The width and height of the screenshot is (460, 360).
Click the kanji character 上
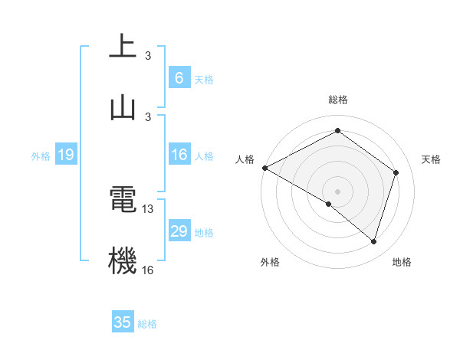[x=123, y=47]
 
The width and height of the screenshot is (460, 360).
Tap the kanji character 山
[x=123, y=107]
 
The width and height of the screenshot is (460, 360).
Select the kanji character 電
[x=123, y=201]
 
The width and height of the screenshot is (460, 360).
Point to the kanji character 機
[x=123, y=261]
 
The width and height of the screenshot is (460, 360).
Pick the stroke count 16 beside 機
[x=148, y=270]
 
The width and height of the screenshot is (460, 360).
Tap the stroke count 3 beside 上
[x=148, y=56]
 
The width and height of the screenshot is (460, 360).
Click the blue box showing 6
[x=179, y=78]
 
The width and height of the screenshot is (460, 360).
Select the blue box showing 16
[x=179, y=155]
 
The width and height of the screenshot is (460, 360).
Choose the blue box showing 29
[x=179, y=231]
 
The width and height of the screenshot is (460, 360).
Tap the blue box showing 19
[x=65, y=155]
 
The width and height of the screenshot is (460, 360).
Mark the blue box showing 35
[x=123, y=322]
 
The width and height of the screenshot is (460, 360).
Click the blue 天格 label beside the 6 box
[x=204, y=79]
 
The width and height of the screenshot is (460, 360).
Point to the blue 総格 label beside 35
[x=147, y=323]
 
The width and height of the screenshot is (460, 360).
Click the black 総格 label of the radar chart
[x=338, y=100]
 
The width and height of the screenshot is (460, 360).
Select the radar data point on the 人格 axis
[x=264, y=168]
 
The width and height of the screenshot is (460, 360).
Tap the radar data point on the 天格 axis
[x=396, y=172]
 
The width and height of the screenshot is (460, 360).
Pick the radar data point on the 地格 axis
[x=373, y=241]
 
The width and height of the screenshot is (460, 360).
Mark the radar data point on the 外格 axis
[x=329, y=204]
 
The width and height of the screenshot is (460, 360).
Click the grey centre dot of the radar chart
[x=338, y=191]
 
